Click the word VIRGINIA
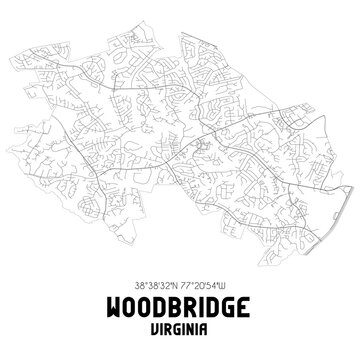coord(180,327)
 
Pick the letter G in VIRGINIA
coord(176,327)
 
